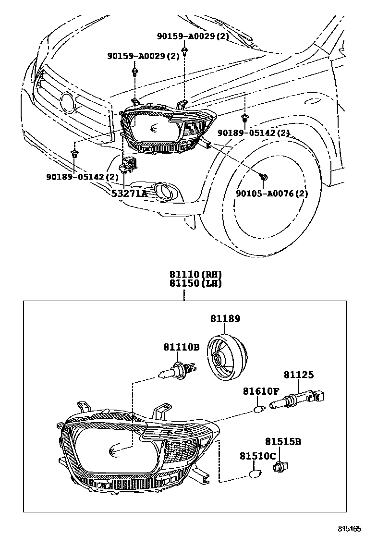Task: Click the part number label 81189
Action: (225, 318)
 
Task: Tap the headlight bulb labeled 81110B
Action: (177, 371)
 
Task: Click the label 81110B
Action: (181, 346)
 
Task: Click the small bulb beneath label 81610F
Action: (259, 409)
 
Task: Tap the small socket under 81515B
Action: (278, 466)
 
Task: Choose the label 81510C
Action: (258, 456)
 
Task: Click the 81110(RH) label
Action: (195, 275)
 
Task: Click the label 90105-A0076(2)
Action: (271, 193)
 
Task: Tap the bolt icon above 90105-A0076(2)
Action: (264, 177)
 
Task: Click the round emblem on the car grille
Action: (68, 101)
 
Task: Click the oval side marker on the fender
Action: (312, 101)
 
